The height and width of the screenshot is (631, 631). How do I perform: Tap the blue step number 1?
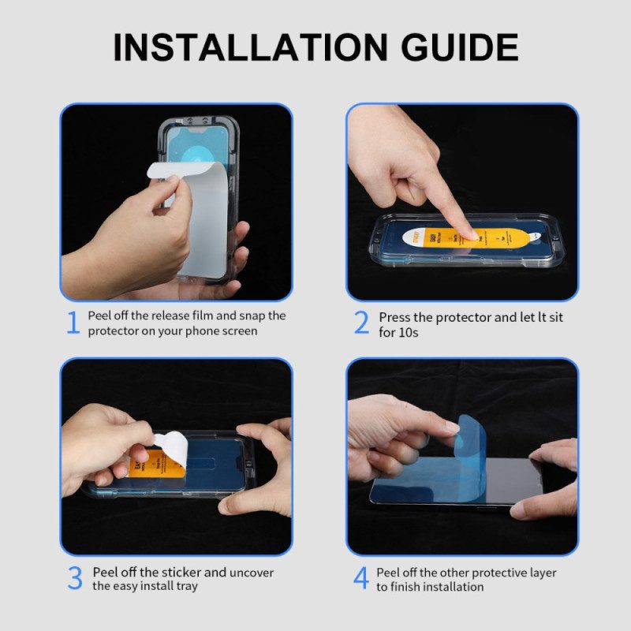(x=73, y=323)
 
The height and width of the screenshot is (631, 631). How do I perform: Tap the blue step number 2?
(x=361, y=323)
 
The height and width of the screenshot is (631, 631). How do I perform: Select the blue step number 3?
(x=74, y=578)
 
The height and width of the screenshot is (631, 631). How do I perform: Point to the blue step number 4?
(x=360, y=578)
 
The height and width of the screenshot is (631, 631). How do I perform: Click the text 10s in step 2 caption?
(x=409, y=332)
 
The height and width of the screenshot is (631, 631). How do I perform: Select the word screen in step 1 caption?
(x=238, y=331)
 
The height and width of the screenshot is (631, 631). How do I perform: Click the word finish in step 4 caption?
(x=406, y=587)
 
